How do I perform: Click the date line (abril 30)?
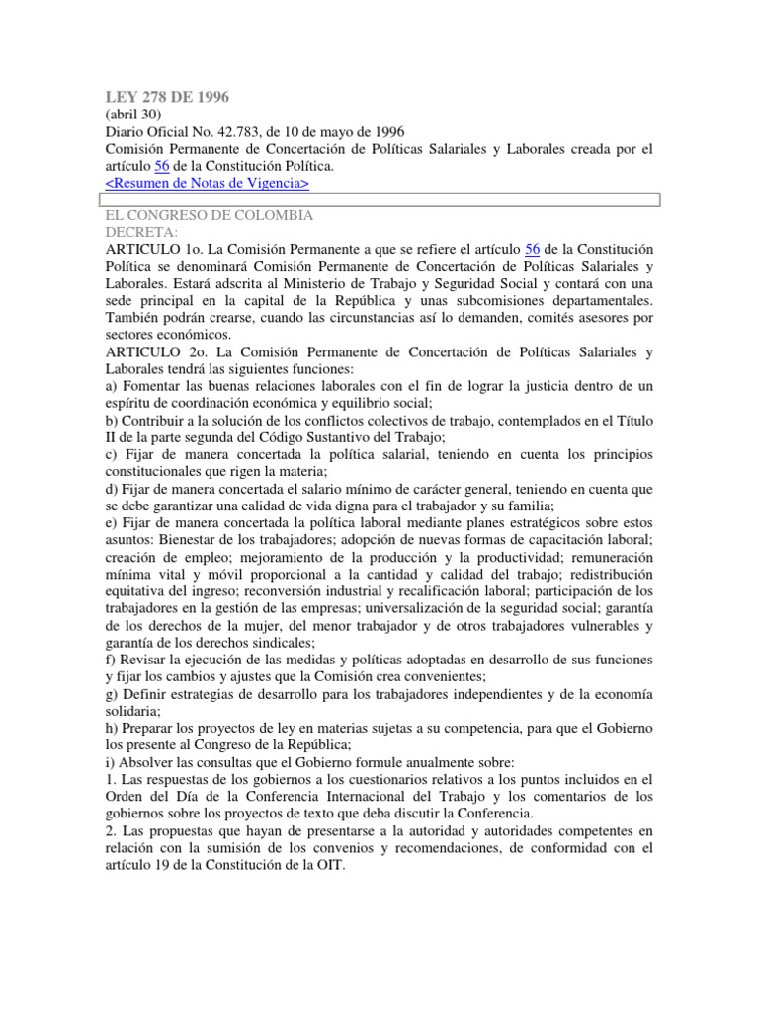133,115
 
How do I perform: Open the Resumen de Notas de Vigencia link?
207,183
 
